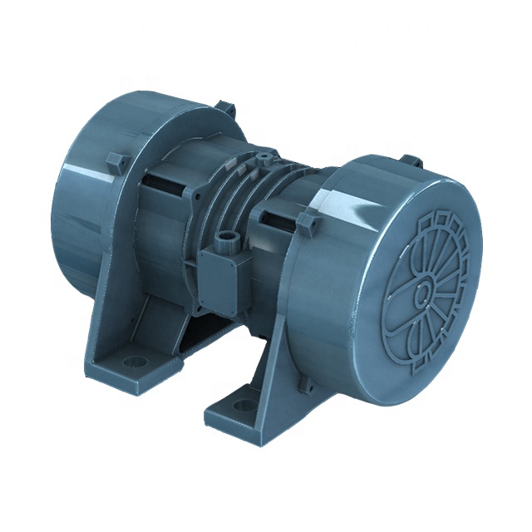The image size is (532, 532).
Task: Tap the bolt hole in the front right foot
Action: (x=244, y=406)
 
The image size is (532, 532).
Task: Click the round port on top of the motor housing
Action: (x=264, y=155)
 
